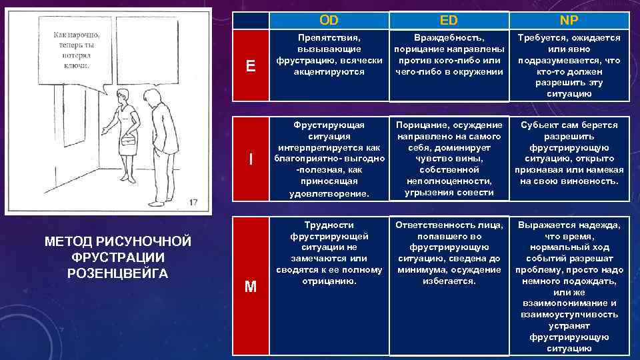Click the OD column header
point(329,20)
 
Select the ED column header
point(449,20)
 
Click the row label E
point(250,65)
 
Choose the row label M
point(250,287)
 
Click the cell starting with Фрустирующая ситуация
point(329,159)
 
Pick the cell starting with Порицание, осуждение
point(449,159)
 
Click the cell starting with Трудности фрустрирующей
point(329,253)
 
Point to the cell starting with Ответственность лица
point(449,253)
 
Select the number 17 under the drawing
point(193,202)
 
